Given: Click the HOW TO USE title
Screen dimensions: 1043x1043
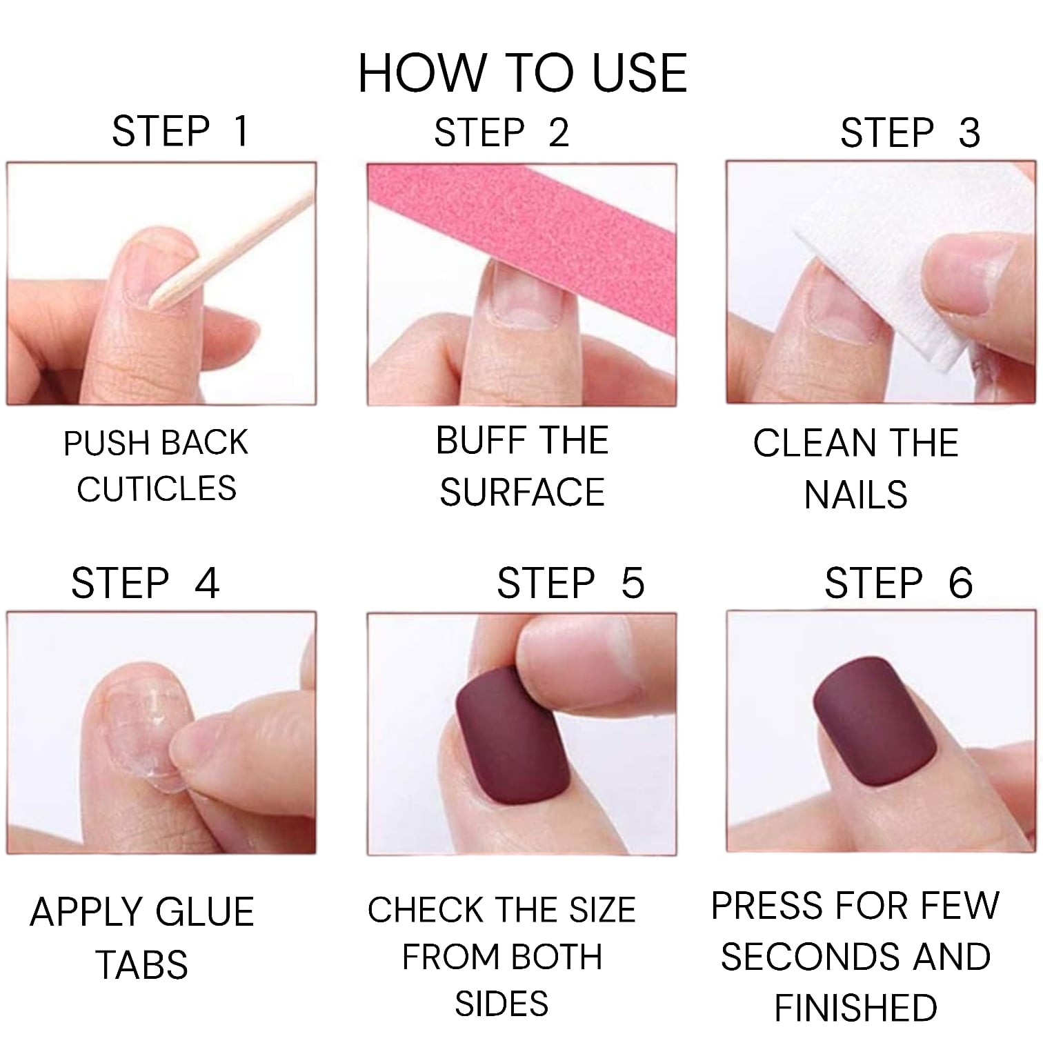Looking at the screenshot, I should coord(522,72).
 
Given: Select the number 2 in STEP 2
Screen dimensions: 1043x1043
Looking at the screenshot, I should coord(559,132).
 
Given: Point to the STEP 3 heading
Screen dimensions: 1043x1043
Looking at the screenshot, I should coord(909,132).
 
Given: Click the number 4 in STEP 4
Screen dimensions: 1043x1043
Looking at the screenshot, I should coord(206,583).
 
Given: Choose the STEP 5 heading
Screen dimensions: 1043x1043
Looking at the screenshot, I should coord(570,583).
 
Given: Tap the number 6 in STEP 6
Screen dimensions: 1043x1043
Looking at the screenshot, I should coord(960,583).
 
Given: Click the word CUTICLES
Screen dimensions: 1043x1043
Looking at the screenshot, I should coord(157,489).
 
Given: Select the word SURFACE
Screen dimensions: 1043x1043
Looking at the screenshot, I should coord(522,493).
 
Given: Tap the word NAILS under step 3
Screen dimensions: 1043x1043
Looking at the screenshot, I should coord(855,495).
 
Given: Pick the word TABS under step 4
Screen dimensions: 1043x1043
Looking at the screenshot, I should coord(142,964).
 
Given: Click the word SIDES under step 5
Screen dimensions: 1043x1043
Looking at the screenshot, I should coord(501,1004).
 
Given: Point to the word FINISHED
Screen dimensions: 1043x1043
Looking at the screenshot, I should coord(855,1008).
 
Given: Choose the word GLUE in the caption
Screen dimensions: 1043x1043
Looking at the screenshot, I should coord(202,912).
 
